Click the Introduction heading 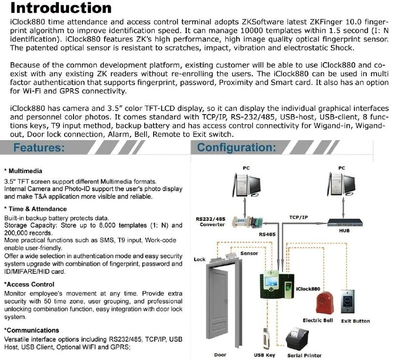pyautogui.click(x=61, y=8)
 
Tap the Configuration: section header pyautogui.click(x=236, y=148)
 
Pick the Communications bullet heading pyautogui.click(x=32, y=330)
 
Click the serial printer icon pyautogui.click(x=301, y=339)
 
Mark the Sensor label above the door pyautogui.click(x=249, y=253)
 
